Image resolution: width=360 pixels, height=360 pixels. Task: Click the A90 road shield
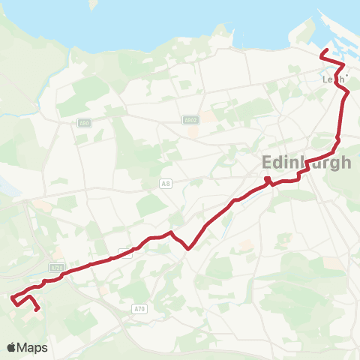pyautogui.click(x=83, y=123)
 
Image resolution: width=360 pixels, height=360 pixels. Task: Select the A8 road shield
pyautogui.click(x=166, y=182)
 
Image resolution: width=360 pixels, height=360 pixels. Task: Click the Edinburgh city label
pyautogui.click(x=307, y=163)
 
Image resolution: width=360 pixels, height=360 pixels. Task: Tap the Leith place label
pyautogui.click(x=334, y=79)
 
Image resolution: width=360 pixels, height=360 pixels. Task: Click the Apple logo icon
pyautogui.click(x=12, y=347)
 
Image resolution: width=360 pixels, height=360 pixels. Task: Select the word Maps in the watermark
pyautogui.click(x=33, y=347)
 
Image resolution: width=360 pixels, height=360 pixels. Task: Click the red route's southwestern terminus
pyautogui.click(x=37, y=309)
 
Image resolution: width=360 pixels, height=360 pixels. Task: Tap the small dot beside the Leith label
pyautogui.click(x=346, y=75)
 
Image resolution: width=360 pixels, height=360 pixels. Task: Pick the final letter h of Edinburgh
pyautogui.click(x=345, y=163)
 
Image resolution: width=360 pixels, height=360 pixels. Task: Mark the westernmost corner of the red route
pyautogui.click(x=12, y=298)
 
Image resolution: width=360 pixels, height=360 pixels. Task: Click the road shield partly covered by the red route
pyautogui.click(x=125, y=253)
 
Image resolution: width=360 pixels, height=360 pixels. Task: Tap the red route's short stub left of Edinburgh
pyautogui.click(x=268, y=178)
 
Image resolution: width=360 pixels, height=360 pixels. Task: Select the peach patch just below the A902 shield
pyautogui.click(x=193, y=130)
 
